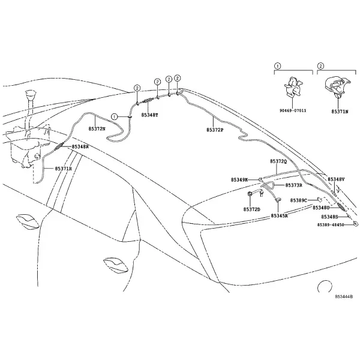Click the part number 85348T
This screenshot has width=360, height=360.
click(x=149, y=115)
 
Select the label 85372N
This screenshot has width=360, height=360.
click(x=97, y=129)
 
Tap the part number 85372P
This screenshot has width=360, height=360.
click(x=215, y=130)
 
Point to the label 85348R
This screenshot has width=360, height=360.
click(x=80, y=146)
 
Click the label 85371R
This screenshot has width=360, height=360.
click(x=64, y=169)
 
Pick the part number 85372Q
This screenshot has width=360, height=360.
click(x=278, y=161)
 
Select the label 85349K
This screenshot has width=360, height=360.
click(x=239, y=180)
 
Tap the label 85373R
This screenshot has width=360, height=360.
click(x=293, y=185)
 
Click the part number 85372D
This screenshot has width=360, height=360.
click(x=251, y=209)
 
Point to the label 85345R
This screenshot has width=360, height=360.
click(x=279, y=216)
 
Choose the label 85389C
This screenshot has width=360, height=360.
click(x=298, y=200)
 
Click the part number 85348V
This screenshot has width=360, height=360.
click(x=336, y=179)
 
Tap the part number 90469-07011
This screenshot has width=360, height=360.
click(x=293, y=110)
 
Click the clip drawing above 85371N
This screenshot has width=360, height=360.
click(x=337, y=88)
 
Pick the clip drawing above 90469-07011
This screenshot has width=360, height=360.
click(x=293, y=87)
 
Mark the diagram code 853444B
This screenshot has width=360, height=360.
click(x=343, y=296)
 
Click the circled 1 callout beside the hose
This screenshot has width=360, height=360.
click(x=114, y=117)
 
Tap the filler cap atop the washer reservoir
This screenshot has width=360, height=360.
click(x=31, y=94)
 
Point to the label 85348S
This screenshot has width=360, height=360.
click(x=329, y=217)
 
